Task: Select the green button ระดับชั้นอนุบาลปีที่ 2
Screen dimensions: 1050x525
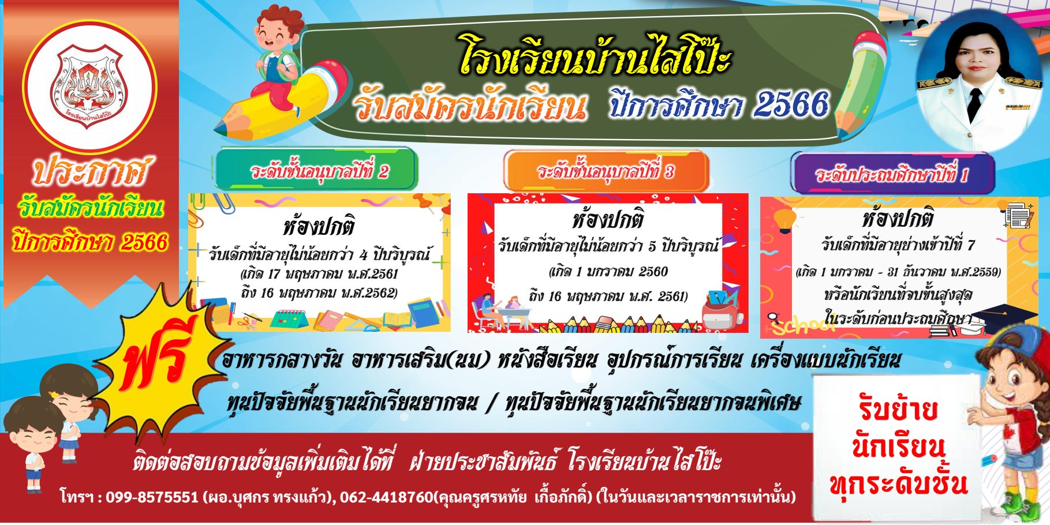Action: pyautogui.click(x=317, y=170)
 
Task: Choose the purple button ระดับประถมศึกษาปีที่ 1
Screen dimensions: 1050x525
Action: pyautogui.click(x=892, y=174)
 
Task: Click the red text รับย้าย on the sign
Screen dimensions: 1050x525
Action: pyautogui.click(x=898, y=409)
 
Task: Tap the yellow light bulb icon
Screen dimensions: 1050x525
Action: pyautogui.click(x=784, y=220)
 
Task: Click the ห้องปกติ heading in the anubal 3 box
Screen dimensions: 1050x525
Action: pyautogui.click(x=608, y=220)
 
